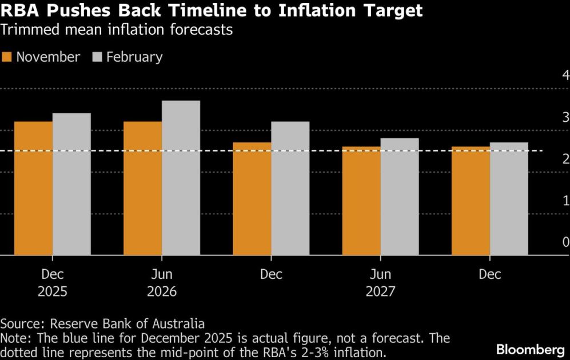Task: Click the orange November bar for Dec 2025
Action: coord(33,188)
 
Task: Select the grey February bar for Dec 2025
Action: coord(71,184)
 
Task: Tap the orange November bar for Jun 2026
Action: coord(142,188)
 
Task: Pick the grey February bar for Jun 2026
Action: coord(181,178)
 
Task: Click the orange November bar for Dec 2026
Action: coord(252,199)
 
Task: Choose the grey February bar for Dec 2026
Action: coord(290,188)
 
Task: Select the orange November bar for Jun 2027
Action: coord(361,201)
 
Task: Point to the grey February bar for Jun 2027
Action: coord(399,197)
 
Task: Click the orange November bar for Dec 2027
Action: coord(471,201)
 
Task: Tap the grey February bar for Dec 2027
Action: coord(509,199)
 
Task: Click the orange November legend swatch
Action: coord(7,57)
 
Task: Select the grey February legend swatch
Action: coord(96,57)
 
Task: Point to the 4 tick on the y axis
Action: coord(565,75)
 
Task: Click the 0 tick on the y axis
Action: coord(565,242)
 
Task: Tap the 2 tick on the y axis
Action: coord(565,159)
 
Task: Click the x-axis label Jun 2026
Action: coord(162,283)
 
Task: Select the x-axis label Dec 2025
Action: coord(53,283)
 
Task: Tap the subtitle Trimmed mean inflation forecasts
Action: coord(117,30)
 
